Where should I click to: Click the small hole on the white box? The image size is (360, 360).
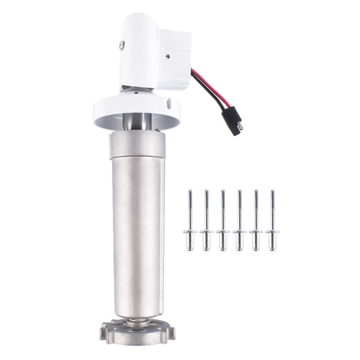167,54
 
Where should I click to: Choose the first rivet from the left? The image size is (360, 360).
190,222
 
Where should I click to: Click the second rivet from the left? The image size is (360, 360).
206,222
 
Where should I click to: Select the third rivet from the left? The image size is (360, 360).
223,222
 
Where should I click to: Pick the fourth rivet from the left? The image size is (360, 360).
239,222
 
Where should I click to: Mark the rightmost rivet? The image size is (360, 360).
272,222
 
